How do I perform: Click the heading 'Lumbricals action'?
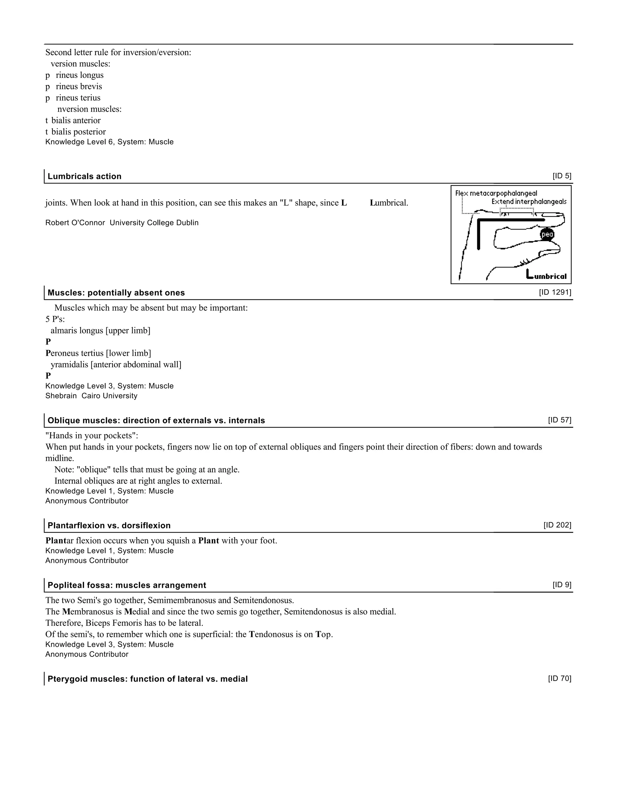coord(84,176)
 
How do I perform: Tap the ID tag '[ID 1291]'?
coord(555,292)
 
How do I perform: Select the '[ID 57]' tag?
coord(559,420)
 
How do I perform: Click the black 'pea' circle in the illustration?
coord(547,234)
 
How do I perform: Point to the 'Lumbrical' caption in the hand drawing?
coord(546,276)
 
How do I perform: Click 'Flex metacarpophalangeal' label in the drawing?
coord(496,193)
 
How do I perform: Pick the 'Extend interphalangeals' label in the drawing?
coord(528,202)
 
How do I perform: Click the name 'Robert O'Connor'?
coord(75,223)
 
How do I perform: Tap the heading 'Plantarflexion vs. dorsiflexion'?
coord(109,525)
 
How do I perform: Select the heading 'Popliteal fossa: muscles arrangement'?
coord(127,585)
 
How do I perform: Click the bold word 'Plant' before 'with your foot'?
coord(208,541)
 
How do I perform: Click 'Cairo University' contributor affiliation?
coord(109,396)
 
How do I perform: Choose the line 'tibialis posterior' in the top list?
coord(76,132)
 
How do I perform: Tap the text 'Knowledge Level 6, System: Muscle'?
coord(109,142)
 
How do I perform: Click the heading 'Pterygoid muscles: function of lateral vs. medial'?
coord(148,679)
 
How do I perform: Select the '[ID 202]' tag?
coord(557,525)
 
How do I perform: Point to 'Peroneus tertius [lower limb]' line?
coord(98,353)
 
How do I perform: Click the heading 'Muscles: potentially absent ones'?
coord(116,293)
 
